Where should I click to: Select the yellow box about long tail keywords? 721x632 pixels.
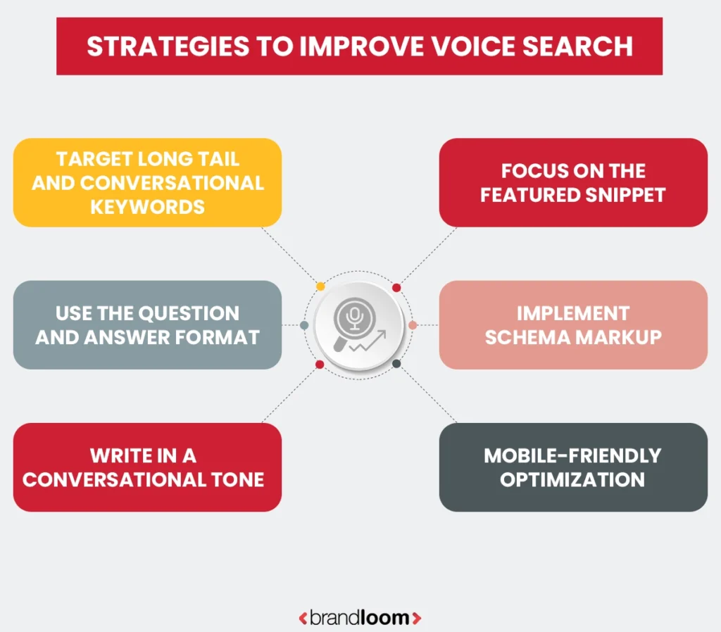point(147,182)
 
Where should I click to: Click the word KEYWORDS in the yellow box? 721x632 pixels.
point(148,207)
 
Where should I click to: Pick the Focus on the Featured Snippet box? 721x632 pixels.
point(573,182)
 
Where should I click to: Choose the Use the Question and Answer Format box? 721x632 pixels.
point(147,324)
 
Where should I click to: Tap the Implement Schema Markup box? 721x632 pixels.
point(573,324)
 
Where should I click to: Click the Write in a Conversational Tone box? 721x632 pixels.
point(147,467)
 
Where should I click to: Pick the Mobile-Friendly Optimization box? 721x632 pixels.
point(573,467)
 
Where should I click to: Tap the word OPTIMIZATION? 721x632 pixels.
point(573,480)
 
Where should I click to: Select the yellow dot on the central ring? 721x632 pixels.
point(320,286)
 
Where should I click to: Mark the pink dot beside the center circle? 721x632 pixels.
point(413,325)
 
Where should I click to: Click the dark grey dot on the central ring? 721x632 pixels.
point(396,364)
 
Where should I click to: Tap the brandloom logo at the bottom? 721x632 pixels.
point(360,618)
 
